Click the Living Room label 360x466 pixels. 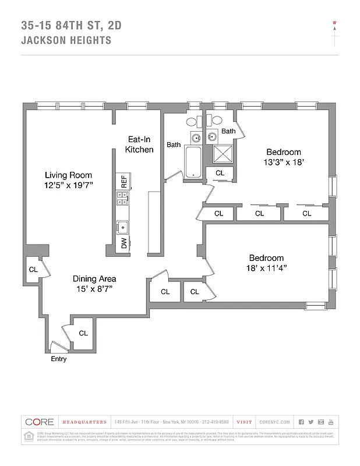(x=69, y=175)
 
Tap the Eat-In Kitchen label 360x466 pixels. (x=139, y=144)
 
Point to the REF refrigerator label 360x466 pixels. (x=124, y=181)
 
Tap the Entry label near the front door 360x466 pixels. (x=58, y=359)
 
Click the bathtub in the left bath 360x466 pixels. (x=193, y=164)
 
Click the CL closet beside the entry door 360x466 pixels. (x=83, y=333)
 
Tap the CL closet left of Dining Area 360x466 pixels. (x=33, y=270)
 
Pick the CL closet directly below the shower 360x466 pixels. (x=220, y=173)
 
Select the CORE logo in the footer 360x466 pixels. (x=40, y=422)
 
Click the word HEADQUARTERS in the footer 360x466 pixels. (x=84, y=422)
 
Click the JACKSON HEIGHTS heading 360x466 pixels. (x=66, y=41)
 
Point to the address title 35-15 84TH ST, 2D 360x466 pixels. (x=72, y=25)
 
